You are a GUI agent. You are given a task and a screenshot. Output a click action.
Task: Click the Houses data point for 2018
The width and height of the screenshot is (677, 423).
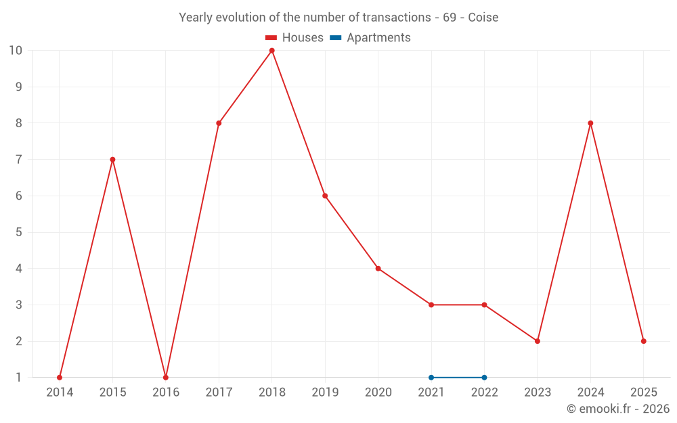pos(272,51)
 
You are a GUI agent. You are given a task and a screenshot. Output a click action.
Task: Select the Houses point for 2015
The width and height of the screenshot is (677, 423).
pos(112,160)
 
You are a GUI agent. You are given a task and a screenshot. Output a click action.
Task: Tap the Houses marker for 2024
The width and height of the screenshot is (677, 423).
pos(590,123)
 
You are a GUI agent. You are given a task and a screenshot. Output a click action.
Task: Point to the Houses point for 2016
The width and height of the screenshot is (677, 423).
pos(166,377)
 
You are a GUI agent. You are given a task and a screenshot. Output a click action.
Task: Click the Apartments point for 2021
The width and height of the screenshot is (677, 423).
pos(431,377)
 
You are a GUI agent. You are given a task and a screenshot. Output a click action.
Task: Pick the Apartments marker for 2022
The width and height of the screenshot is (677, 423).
pos(484,377)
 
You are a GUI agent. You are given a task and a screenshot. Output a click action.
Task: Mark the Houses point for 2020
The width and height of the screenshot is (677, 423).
pos(378,269)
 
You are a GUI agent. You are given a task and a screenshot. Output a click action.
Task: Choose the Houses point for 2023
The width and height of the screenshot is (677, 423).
pos(538,341)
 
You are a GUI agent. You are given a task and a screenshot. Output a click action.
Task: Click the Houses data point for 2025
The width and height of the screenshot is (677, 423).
pos(643,341)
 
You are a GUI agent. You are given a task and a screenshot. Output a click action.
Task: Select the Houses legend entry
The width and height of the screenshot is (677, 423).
pos(294,38)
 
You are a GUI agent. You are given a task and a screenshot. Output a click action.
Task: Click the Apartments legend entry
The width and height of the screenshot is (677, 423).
pos(370,38)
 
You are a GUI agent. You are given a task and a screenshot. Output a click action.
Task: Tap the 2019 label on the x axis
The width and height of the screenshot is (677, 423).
pos(325,393)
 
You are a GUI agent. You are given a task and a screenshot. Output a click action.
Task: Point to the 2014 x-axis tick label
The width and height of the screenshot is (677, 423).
pos(60,393)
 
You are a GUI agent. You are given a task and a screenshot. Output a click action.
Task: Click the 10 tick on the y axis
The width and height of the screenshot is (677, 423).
pos(16,51)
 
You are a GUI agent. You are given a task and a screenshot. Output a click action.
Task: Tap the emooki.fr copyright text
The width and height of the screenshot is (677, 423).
pos(618,409)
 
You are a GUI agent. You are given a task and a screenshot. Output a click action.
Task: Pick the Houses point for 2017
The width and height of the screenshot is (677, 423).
pos(219,123)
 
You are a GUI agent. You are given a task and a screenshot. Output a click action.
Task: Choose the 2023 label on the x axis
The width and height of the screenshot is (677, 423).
pos(538,393)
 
